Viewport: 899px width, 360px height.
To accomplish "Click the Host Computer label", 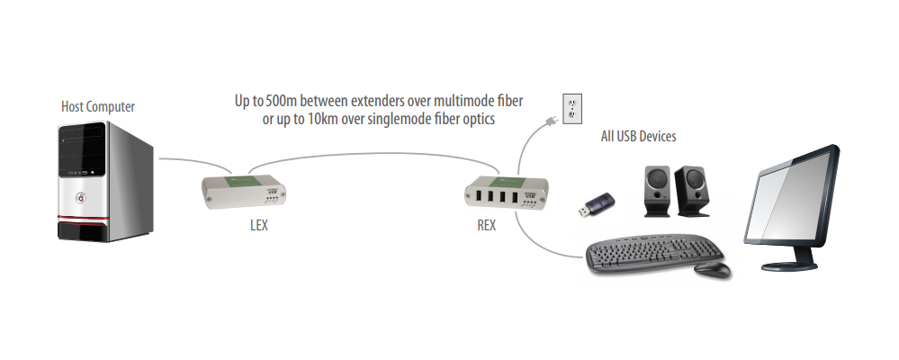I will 98,107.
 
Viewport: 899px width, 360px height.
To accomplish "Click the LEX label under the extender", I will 258,226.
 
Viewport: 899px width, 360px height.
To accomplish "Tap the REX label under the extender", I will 486,226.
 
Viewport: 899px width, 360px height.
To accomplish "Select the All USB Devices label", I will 638,137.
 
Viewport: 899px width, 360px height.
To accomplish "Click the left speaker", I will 654,191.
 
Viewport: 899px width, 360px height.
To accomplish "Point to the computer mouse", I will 713,269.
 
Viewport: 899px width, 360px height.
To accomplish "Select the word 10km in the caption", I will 327,119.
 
